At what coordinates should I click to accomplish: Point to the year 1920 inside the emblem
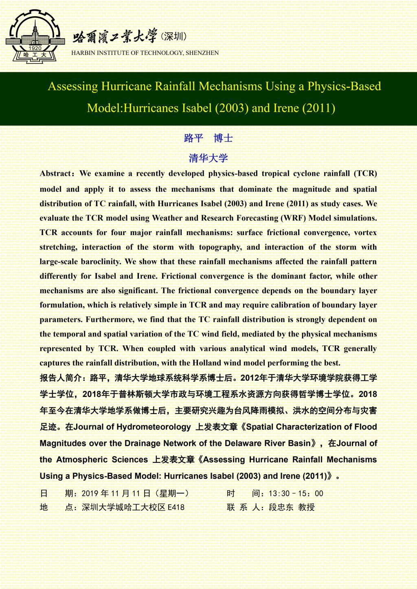pyautogui.click(x=35, y=48)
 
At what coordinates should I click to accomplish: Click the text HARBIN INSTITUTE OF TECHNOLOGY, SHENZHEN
pyautogui.click(x=145, y=53)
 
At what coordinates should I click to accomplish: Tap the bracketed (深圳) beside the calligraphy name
pyautogui.click(x=174, y=37)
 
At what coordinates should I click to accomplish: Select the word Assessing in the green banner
pyautogui.click(x=73, y=86)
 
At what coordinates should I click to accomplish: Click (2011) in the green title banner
pyautogui.click(x=319, y=108)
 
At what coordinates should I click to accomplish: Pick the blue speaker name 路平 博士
pyautogui.click(x=208, y=138)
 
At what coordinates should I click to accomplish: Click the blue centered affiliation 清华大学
pyautogui.click(x=208, y=158)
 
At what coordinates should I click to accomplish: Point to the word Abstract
pyautogui.click(x=55, y=174)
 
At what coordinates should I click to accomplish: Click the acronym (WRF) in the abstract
pyautogui.click(x=293, y=218)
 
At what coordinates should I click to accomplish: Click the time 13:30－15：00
pyautogui.click(x=296, y=494)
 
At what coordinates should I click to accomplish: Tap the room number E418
pyautogui.click(x=176, y=508)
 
